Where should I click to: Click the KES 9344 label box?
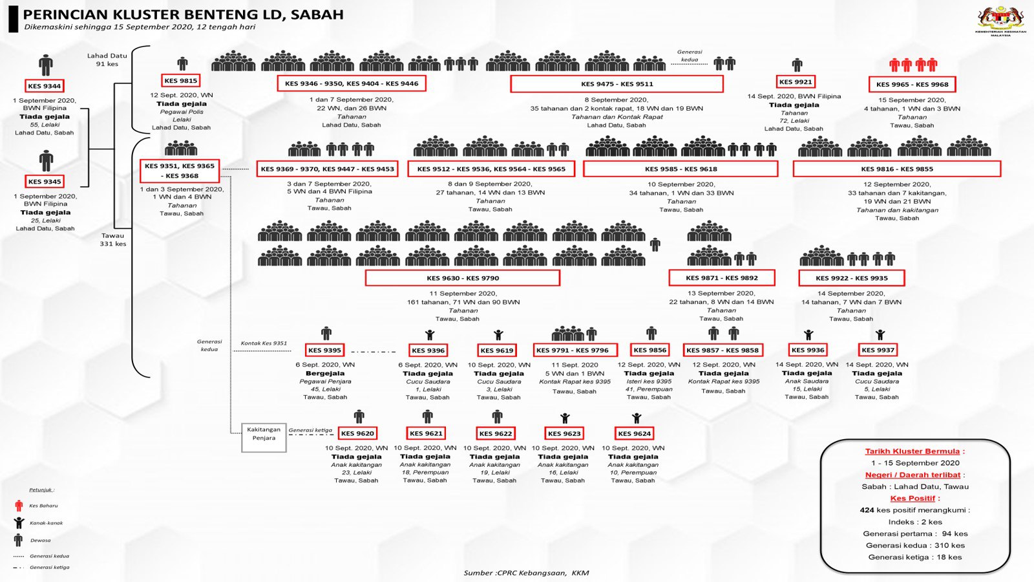tap(44, 86)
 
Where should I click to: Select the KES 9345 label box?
tap(45, 182)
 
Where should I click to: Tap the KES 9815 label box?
tap(181, 81)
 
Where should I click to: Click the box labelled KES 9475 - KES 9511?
tap(617, 84)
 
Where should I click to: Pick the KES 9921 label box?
tap(796, 82)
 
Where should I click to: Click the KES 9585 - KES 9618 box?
tap(681, 169)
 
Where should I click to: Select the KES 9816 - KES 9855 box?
tap(896, 169)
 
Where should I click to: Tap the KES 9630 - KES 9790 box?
tap(462, 278)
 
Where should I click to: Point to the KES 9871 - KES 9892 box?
tap(721, 278)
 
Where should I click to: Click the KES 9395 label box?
tap(324, 350)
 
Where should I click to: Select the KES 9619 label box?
tap(496, 350)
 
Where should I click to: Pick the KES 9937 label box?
tap(878, 350)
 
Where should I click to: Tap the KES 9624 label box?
tap(634, 433)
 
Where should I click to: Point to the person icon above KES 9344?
tap(45, 65)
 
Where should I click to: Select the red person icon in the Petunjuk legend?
tap(18, 506)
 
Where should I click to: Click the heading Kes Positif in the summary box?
tap(913, 499)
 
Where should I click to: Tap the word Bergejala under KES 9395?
tap(325, 373)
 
